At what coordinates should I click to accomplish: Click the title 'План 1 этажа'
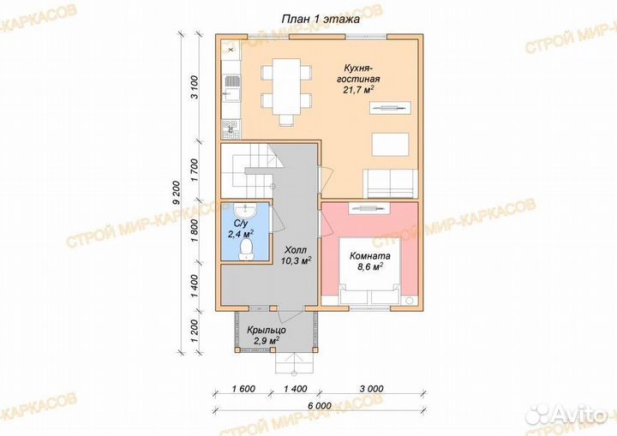(320, 20)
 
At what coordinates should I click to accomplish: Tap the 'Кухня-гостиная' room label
(357, 73)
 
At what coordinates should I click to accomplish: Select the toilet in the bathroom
(246, 250)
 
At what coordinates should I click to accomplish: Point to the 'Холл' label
(295, 249)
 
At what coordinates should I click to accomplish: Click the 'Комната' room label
(370, 256)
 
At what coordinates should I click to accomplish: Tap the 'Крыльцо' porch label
(267, 330)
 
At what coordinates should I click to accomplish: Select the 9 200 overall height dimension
(177, 193)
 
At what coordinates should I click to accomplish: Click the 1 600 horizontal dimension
(243, 389)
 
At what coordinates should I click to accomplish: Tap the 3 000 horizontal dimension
(371, 389)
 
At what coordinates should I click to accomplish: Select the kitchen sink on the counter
(231, 94)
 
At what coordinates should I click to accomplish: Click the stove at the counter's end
(231, 129)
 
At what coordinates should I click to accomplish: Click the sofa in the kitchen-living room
(390, 183)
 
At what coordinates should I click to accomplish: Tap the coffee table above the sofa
(391, 145)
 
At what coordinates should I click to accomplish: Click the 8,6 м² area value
(370, 266)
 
